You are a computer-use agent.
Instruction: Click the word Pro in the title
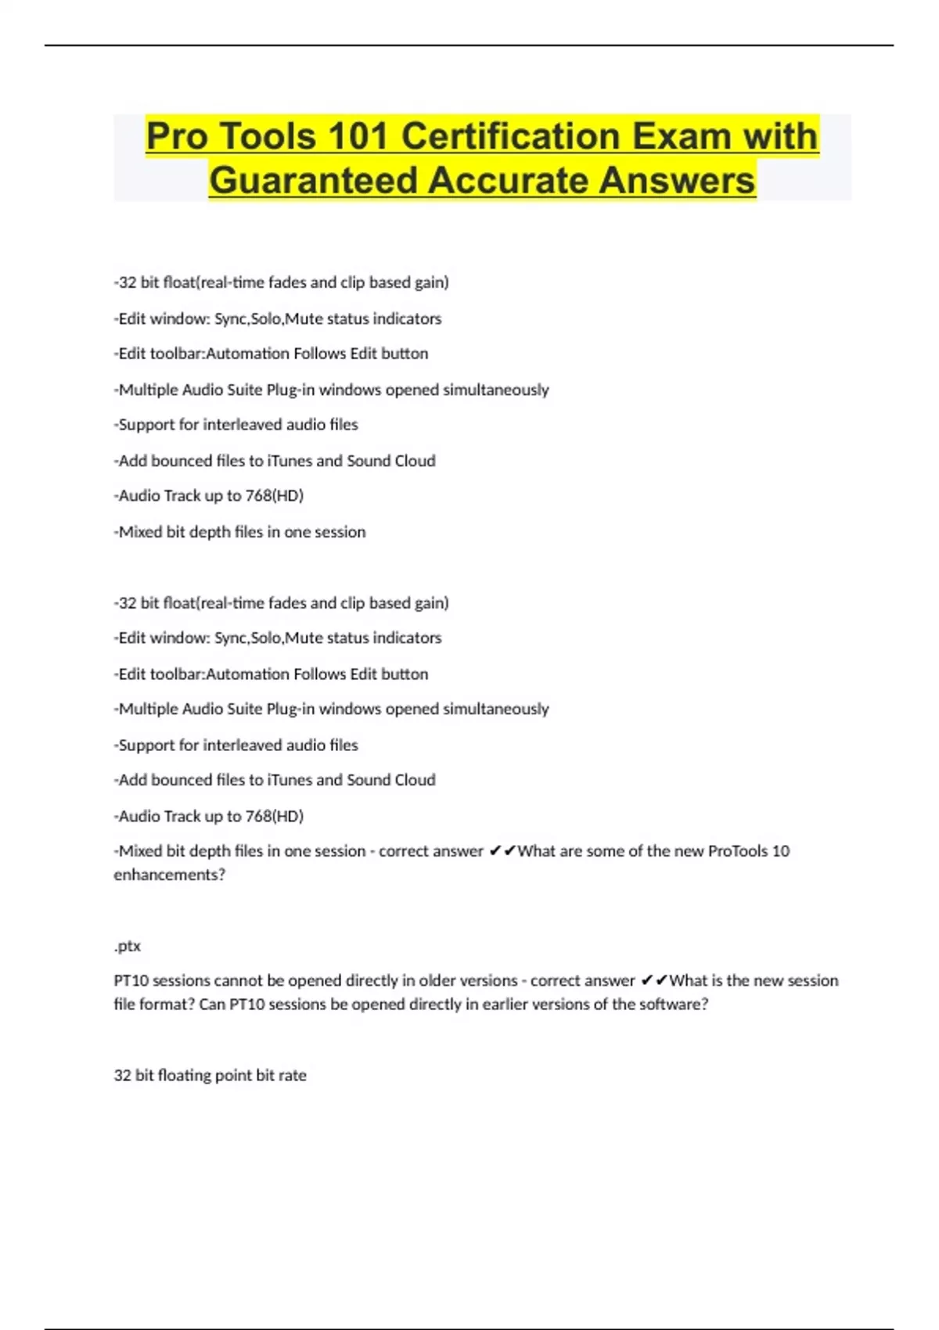(x=177, y=137)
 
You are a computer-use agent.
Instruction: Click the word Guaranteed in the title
(x=313, y=181)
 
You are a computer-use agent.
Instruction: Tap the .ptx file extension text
(x=128, y=946)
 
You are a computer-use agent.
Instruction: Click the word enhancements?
(x=169, y=875)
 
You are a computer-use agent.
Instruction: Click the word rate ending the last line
(x=292, y=1076)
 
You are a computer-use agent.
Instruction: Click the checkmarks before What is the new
(x=653, y=981)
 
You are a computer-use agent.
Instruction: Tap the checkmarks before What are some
(x=502, y=851)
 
